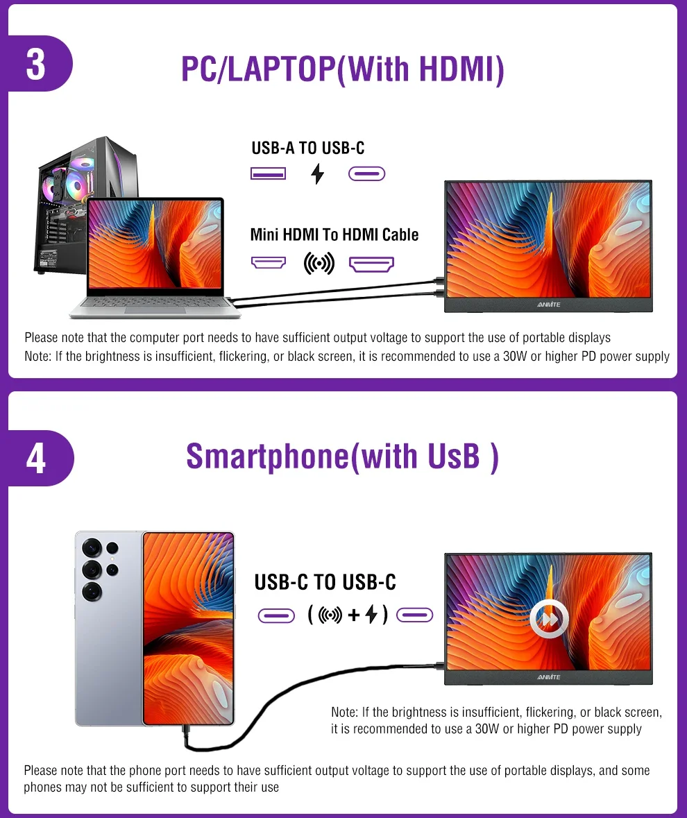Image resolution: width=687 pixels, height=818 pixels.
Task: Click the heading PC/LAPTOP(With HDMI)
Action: (343, 69)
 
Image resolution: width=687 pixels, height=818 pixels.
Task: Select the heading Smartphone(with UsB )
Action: (343, 457)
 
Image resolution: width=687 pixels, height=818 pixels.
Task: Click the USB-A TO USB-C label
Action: (308, 148)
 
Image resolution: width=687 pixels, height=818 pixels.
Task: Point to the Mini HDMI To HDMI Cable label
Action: (334, 235)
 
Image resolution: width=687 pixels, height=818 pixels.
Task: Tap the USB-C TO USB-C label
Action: (325, 582)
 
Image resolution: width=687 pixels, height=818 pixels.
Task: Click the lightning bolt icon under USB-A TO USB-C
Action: (317, 173)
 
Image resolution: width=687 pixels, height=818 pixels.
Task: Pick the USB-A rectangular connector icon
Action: (268, 173)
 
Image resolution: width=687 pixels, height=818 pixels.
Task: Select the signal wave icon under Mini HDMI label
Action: (319, 264)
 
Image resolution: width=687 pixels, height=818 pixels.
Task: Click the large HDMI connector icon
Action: (371, 264)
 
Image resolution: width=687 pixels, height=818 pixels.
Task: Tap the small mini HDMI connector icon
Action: (268, 262)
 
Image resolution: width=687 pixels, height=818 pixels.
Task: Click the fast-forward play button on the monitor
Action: (549, 619)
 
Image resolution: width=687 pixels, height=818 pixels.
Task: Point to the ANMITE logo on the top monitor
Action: (548, 305)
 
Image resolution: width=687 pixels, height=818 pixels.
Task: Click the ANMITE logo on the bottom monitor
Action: (548, 677)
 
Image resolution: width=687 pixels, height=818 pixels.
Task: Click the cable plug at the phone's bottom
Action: (186, 735)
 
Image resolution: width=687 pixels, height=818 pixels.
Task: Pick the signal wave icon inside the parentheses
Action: (330, 615)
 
